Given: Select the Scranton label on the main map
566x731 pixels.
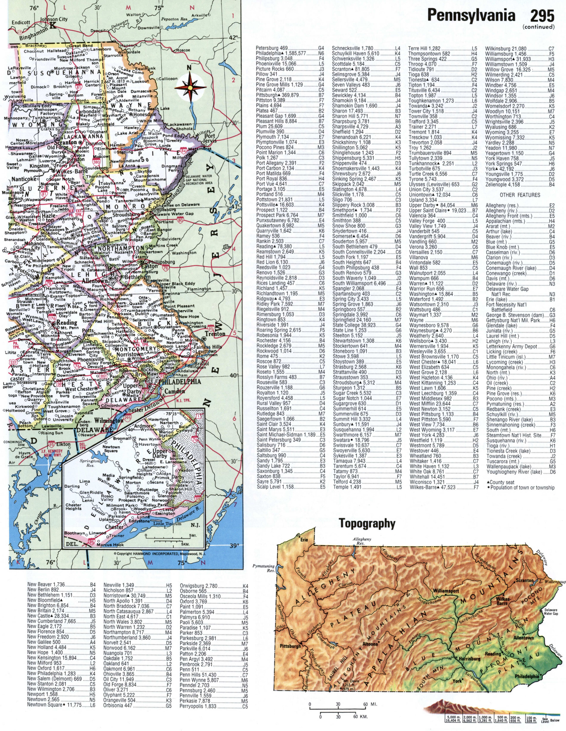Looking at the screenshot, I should (x=67, y=142).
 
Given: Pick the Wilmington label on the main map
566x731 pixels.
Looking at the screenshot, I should (x=109, y=420).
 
